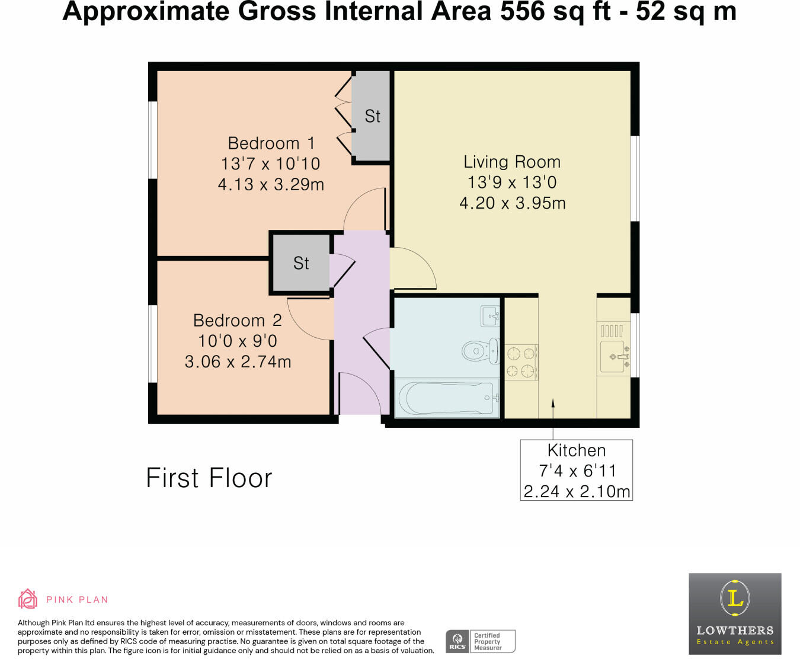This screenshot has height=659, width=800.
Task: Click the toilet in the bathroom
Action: click(481, 351)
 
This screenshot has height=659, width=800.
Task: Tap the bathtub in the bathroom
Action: click(447, 398)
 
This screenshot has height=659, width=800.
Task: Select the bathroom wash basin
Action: click(490, 316)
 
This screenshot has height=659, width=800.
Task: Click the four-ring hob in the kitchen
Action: click(521, 362)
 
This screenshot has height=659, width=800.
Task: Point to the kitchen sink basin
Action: click(613, 357)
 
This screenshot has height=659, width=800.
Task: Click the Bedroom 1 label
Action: click(271, 143)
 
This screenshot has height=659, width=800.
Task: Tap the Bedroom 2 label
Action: click(238, 320)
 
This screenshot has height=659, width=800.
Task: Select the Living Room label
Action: click(512, 162)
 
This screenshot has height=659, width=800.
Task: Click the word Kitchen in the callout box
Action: click(576, 450)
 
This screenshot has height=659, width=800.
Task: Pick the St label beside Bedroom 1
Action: click(372, 116)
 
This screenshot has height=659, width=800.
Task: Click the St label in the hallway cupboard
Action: click(301, 263)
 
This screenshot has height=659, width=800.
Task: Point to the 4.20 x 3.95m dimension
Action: click(512, 203)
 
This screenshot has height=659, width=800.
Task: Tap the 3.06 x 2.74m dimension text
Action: click(238, 362)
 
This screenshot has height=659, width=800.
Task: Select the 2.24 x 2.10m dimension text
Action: click(576, 491)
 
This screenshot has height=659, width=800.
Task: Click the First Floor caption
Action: click(209, 478)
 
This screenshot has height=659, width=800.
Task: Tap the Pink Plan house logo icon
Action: click(28, 599)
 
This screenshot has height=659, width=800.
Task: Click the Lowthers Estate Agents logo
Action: click(735, 614)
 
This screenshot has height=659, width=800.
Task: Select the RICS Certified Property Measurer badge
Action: click(481, 641)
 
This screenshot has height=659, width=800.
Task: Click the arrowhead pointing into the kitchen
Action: click(552, 402)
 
